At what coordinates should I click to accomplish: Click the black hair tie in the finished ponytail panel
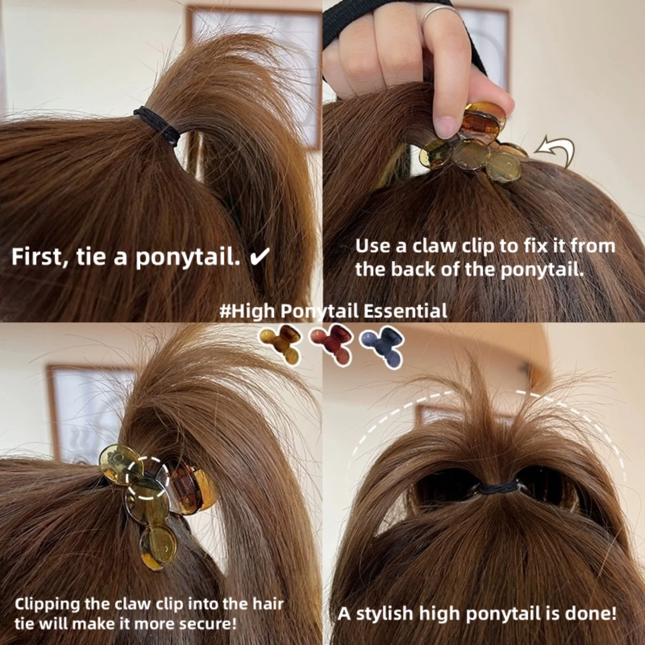tap(500, 489)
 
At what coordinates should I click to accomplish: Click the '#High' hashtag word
tap(247, 312)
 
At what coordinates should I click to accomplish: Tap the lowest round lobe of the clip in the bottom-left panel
tap(158, 546)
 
